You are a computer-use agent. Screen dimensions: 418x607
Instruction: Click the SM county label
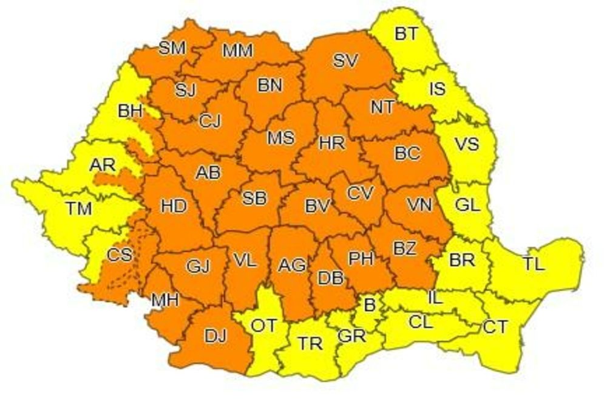point(172,49)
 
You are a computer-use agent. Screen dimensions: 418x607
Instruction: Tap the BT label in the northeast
point(406,33)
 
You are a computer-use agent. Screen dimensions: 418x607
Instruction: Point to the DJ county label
point(215,335)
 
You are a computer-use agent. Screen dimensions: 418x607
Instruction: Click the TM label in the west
point(79,209)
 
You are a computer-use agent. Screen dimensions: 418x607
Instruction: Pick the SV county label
point(346,60)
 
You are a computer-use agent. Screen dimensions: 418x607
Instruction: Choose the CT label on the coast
point(495,327)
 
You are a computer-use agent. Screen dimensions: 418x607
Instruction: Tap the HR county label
point(331,143)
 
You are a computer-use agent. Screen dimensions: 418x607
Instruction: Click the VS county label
point(467,144)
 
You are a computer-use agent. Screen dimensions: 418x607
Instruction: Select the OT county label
point(264,326)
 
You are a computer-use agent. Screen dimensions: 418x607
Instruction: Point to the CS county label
point(119,254)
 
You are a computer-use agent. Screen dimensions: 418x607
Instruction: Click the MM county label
point(237,51)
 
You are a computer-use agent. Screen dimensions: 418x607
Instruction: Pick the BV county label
point(317,207)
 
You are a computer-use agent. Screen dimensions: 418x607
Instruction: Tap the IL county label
point(435,298)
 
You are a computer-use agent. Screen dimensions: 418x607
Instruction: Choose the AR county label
point(102,165)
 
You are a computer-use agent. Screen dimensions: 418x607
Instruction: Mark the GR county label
point(351,336)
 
